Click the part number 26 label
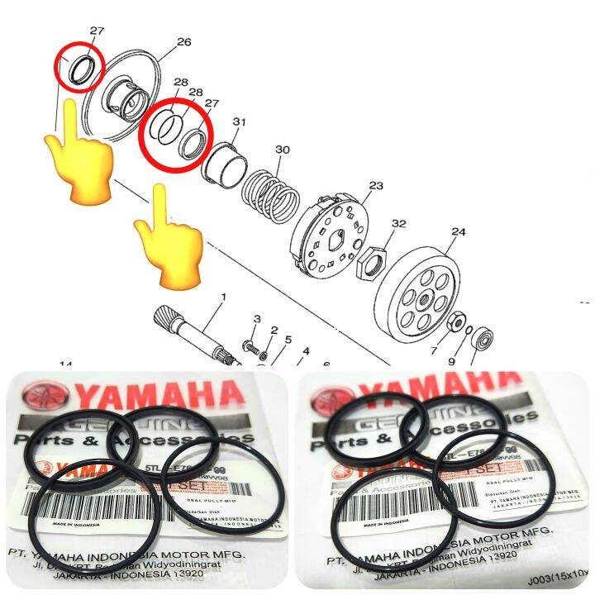183,42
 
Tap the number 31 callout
240,122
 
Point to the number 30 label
283,150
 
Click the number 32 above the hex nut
399,224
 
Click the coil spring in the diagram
274,195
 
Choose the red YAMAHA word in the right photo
463,388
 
